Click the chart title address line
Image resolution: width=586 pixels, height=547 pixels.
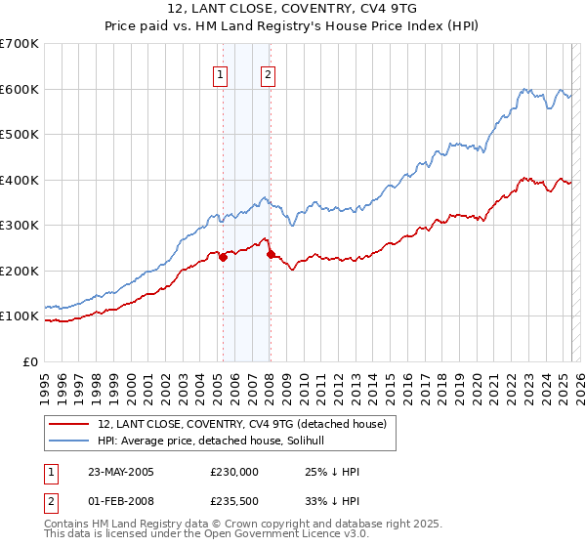pyautogui.click(x=294, y=10)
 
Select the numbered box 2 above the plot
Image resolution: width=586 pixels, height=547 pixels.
pyautogui.click(x=267, y=74)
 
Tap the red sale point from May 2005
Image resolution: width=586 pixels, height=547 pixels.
pyautogui.click(x=223, y=257)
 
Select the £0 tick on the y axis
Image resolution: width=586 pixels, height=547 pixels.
pyautogui.click(x=32, y=361)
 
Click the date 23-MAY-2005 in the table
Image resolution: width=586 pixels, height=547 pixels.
pyautogui.click(x=121, y=472)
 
